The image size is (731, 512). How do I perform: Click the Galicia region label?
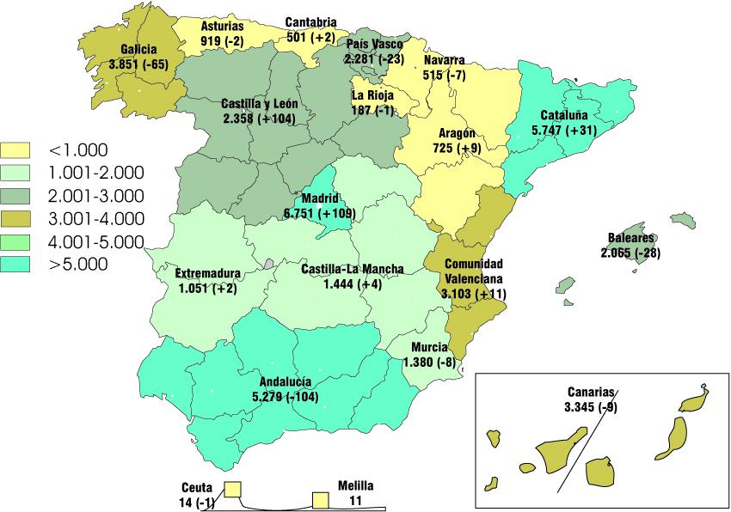tap(138, 50)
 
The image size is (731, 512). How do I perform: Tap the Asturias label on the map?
tap(222, 27)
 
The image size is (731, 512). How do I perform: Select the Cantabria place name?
tap(311, 22)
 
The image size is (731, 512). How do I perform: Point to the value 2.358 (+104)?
tap(259, 118)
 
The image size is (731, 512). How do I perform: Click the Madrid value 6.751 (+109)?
tap(318, 212)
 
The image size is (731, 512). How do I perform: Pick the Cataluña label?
tap(564, 115)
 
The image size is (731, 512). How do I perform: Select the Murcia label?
tap(429, 348)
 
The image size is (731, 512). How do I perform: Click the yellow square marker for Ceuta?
tap(232, 490)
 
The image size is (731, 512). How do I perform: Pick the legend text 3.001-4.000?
tap(96, 218)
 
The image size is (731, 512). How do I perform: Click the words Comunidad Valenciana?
tap(474, 271)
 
